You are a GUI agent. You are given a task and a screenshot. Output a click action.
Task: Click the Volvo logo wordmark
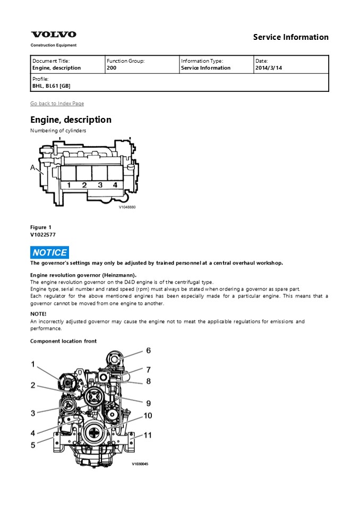pyautogui.click(x=53, y=35)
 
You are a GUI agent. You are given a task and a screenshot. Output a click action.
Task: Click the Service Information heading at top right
pyautogui.click(x=290, y=37)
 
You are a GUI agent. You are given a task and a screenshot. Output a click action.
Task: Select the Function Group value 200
pyautogui.click(x=112, y=68)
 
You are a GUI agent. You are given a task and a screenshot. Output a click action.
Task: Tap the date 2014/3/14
pyautogui.click(x=268, y=68)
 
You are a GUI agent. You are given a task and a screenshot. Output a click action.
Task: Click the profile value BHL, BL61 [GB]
pyautogui.click(x=51, y=86)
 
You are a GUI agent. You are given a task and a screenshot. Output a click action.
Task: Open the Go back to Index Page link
pyautogui.click(x=57, y=104)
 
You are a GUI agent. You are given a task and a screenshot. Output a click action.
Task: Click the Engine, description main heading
pyautogui.click(x=71, y=120)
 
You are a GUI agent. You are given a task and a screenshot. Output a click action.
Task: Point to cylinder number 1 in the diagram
pyautogui.click(x=68, y=185)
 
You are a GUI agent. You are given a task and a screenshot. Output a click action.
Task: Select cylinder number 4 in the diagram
pyautogui.click(x=115, y=185)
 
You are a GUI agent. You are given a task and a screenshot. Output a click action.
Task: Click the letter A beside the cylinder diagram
pyautogui.click(x=33, y=168)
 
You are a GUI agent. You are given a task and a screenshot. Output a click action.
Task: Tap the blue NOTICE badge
pyautogui.click(x=49, y=253)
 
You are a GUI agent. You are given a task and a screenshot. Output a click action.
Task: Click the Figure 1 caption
pyautogui.click(x=41, y=227)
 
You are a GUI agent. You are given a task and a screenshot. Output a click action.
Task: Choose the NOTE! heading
pyautogui.click(x=38, y=314)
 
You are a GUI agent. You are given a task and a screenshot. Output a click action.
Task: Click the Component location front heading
pyautogui.click(x=63, y=341)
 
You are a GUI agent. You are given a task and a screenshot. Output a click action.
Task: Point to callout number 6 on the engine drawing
pyautogui.click(x=148, y=351)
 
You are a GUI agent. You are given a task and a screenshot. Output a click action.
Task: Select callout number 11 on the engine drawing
pyautogui.click(x=148, y=435)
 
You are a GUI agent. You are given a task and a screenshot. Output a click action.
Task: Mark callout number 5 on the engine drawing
pyautogui.click(x=33, y=445)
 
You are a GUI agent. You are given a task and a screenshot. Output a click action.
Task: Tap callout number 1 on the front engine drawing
pyautogui.click(x=33, y=364)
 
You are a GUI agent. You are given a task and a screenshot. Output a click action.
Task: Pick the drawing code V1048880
pyautogui.click(x=127, y=207)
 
